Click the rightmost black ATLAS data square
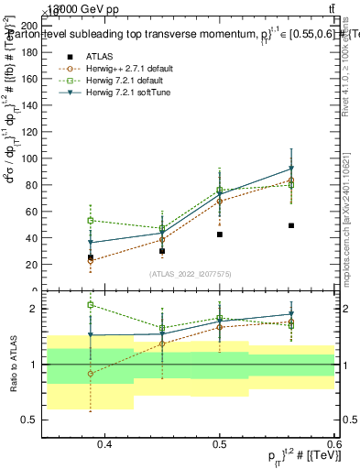click(291, 225)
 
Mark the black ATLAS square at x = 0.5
click(220, 234)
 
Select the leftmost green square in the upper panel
click(91, 221)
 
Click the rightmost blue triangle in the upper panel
click(291, 169)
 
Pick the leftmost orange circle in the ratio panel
click(91, 374)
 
